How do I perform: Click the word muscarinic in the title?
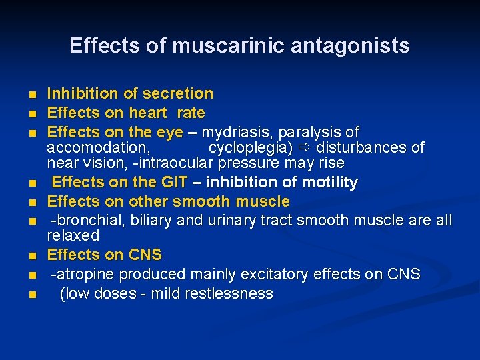(219, 45)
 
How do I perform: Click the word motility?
(330, 182)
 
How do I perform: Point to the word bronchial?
(91, 220)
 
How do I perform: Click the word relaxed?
(73, 235)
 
